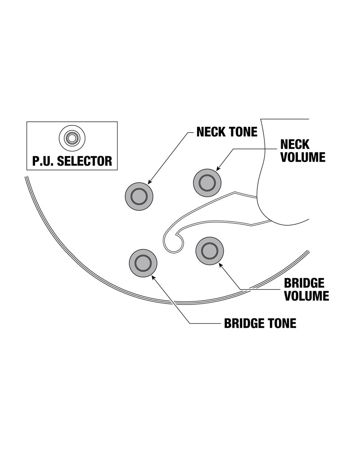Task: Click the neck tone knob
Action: pos(139,196)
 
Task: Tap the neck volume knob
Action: pos(207,182)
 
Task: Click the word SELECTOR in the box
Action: pos(85,161)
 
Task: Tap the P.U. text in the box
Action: pos(43,161)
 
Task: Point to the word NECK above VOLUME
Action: pos(295,144)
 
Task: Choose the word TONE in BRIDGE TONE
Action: pos(283,323)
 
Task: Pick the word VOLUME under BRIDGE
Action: pos(306,296)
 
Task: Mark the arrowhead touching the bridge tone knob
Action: pos(153,277)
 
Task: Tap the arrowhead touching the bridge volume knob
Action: pos(220,265)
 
